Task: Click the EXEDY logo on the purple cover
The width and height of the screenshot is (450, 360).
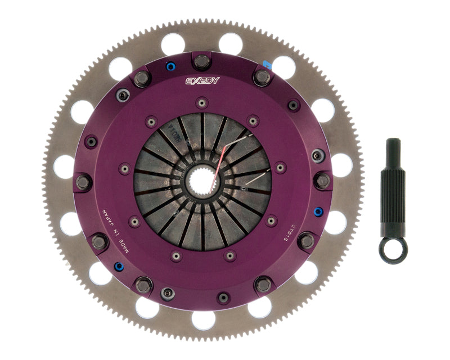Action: [x=203, y=80]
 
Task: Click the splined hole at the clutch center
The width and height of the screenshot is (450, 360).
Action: [x=203, y=181]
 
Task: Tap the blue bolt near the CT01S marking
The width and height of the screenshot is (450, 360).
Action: [x=318, y=212]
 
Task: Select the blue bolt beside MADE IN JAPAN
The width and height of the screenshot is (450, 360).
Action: [x=119, y=266]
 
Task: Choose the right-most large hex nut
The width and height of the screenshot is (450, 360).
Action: [x=322, y=181]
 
